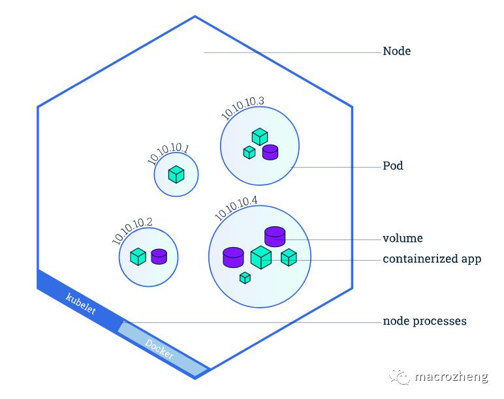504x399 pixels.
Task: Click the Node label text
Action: click(x=396, y=51)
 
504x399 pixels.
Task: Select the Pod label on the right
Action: click(x=392, y=166)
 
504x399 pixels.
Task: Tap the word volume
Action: click(x=402, y=238)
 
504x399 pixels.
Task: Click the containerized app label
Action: click(x=432, y=259)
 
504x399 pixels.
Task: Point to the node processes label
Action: click(x=424, y=321)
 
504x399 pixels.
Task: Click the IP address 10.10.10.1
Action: click(x=168, y=155)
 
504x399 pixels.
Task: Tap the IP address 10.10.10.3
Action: click(x=242, y=108)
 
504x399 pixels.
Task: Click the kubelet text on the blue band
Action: click(x=81, y=304)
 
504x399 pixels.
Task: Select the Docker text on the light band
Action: click(x=159, y=349)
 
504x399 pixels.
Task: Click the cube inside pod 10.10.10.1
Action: click(x=176, y=174)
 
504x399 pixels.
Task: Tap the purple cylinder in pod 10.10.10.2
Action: click(x=159, y=256)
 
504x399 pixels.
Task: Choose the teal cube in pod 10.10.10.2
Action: click(x=138, y=256)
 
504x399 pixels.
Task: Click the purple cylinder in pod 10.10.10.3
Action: click(x=270, y=152)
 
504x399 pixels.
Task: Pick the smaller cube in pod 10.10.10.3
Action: click(x=249, y=153)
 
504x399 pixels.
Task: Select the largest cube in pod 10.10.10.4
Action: click(x=260, y=257)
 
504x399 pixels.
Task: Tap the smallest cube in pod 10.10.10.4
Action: click(x=245, y=278)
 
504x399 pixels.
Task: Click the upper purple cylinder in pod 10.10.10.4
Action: click(x=275, y=235)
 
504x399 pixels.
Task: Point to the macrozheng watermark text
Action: click(x=451, y=376)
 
